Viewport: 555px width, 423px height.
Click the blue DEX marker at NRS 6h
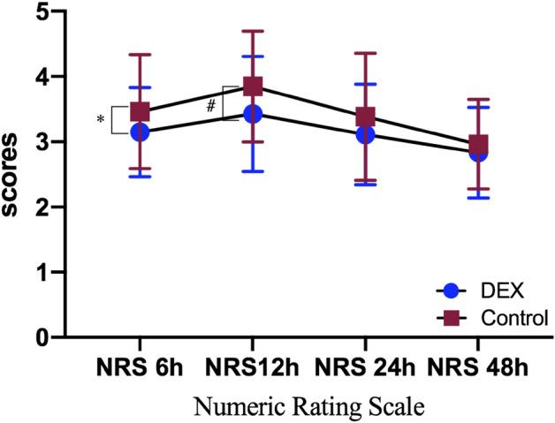(x=139, y=132)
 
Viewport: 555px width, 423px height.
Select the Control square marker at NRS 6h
(x=139, y=112)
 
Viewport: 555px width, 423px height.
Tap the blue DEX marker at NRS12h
(x=252, y=113)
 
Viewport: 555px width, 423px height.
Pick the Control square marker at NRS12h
(x=252, y=86)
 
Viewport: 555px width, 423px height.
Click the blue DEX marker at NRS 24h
(x=364, y=133)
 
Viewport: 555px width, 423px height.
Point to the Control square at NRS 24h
(x=364, y=117)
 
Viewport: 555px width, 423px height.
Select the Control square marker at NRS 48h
(x=478, y=144)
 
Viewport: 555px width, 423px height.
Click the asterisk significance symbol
(x=101, y=120)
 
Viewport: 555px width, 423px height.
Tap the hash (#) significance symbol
(x=212, y=106)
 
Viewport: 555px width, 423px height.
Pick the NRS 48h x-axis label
(x=478, y=366)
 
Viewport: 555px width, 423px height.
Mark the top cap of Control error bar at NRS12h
(x=252, y=31)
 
